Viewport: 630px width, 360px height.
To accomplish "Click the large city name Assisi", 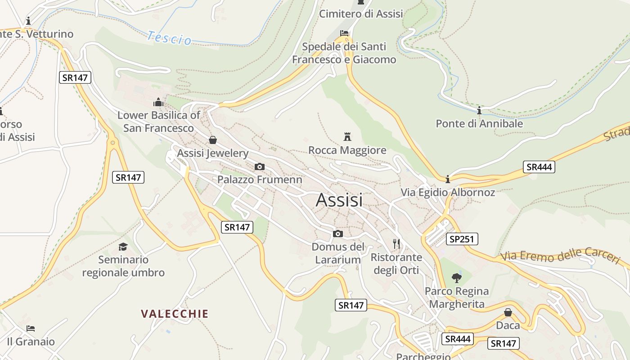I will (339, 200).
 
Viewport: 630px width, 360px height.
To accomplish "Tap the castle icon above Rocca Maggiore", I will (347, 136).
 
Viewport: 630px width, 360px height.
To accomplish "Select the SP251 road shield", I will (462, 239).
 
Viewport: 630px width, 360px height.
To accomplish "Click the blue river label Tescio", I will (169, 38).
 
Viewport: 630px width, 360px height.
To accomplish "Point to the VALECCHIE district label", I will (175, 314).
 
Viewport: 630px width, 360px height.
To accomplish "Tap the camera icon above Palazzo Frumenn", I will (259, 167).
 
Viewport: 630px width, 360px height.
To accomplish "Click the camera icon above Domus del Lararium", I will (337, 234).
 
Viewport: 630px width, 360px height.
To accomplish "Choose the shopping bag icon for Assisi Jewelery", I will (212, 140).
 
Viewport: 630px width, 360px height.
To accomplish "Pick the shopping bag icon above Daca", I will (508, 312).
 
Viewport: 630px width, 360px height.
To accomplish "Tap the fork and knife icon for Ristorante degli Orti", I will (396, 244).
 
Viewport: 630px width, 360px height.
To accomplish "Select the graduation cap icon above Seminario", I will (123, 247).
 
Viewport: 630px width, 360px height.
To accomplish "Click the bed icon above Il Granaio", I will (31, 328).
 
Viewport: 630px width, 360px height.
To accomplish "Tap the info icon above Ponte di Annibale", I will (479, 110).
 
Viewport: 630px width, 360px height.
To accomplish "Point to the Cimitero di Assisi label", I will (361, 14).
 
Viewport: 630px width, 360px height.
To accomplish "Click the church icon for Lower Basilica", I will (158, 102).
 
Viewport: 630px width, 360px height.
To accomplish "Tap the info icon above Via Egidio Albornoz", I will (448, 180).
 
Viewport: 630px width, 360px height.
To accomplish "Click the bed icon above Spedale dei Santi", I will (344, 33).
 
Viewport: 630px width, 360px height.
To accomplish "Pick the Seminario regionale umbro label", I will (123, 266).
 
